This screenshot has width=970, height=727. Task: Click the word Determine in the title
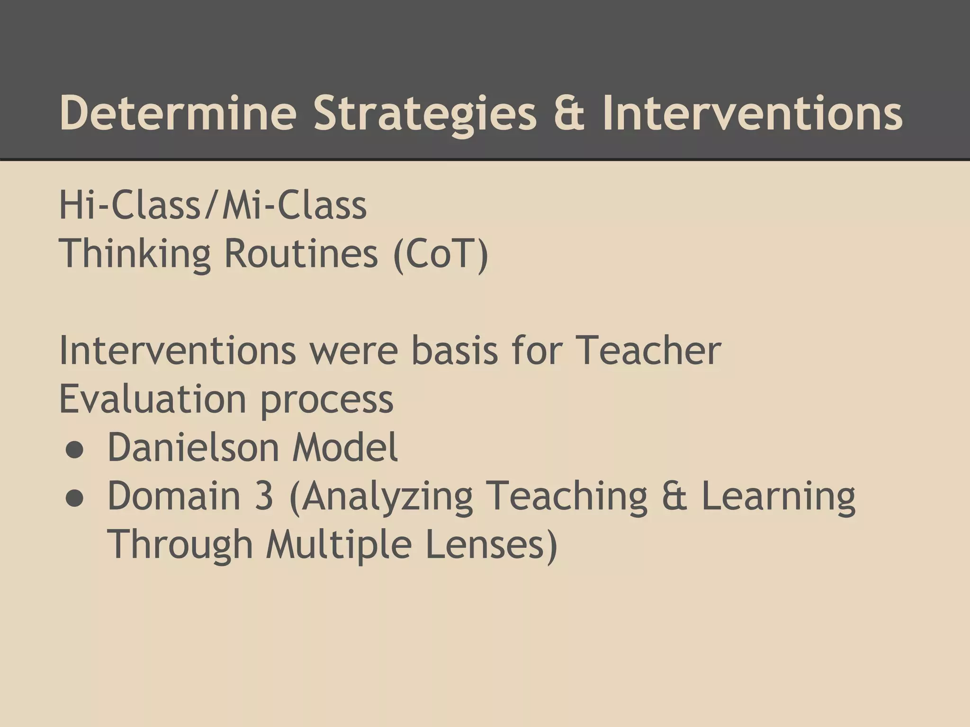pos(178,113)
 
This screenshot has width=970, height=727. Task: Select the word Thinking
pos(135,254)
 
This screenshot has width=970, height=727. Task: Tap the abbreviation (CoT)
pos(440,254)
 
